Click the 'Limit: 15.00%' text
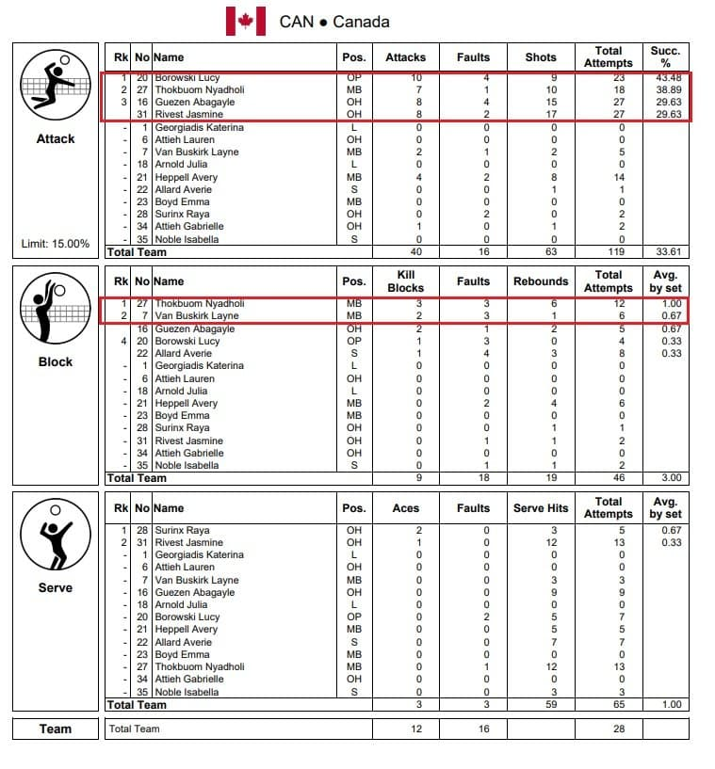click(56, 244)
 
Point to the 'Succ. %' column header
click(665, 56)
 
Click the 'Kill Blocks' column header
click(406, 281)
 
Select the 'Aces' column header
click(406, 508)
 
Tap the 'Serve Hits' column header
click(541, 508)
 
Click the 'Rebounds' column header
click(541, 281)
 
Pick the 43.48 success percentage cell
click(665, 77)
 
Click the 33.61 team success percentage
click(665, 252)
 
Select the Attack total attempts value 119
click(609, 252)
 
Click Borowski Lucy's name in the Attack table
click(187, 77)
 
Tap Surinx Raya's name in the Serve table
click(183, 531)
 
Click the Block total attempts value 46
click(609, 478)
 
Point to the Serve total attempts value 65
click(609, 704)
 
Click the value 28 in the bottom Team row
click(609, 729)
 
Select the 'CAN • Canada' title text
click(334, 21)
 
